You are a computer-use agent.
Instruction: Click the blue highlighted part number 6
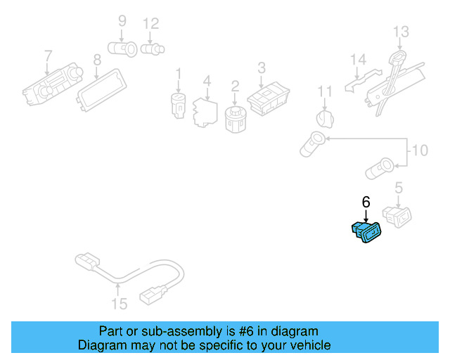click(366, 232)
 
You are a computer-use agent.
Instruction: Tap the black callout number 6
click(366, 202)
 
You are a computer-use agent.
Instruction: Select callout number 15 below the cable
click(119, 304)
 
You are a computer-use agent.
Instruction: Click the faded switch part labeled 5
click(397, 217)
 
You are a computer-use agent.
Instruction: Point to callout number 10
click(420, 150)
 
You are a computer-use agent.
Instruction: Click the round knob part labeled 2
click(236, 120)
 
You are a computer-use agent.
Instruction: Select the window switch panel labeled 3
click(269, 98)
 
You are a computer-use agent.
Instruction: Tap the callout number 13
click(401, 32)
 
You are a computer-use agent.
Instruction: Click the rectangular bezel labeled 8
click(101, 90)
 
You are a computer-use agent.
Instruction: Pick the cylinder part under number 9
click(122, 49)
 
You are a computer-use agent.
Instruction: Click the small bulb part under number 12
click(153, 49)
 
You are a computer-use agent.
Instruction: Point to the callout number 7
click(49, 56)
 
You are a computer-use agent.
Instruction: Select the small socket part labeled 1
click(178, 105)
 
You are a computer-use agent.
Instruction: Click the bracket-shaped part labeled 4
click(205, 112)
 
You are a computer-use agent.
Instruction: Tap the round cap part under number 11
click(325, 119)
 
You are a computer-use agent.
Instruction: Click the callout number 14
click(358, 60)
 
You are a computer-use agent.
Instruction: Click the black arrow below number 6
click(366, 216)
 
